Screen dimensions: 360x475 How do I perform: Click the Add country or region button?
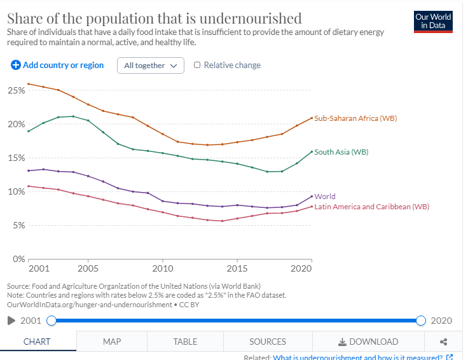(57, 65)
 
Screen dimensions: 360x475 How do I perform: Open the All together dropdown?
(150, 66)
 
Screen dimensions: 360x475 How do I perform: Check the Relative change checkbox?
(197, 65)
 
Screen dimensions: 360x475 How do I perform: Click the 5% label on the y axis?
(18, 225)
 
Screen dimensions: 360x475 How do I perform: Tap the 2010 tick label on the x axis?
(163, 268)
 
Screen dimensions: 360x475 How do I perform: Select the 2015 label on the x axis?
(237, 268)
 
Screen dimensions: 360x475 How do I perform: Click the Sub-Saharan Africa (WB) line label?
(355, 118)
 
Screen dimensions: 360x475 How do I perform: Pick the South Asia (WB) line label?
(341, 152)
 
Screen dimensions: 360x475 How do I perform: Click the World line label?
(325, 197)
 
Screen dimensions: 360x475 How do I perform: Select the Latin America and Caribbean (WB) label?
(371, 207)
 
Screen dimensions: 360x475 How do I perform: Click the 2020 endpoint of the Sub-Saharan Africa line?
(312, 118)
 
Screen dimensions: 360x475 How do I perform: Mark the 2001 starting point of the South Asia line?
(29, 131)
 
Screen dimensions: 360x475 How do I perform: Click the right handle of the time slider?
(420, 321)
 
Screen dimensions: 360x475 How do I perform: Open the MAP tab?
(112, 342)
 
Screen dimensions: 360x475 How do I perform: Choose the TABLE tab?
(185, 342)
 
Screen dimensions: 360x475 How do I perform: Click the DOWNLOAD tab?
(369, 342)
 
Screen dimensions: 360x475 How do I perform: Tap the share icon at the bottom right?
(444, 342)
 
